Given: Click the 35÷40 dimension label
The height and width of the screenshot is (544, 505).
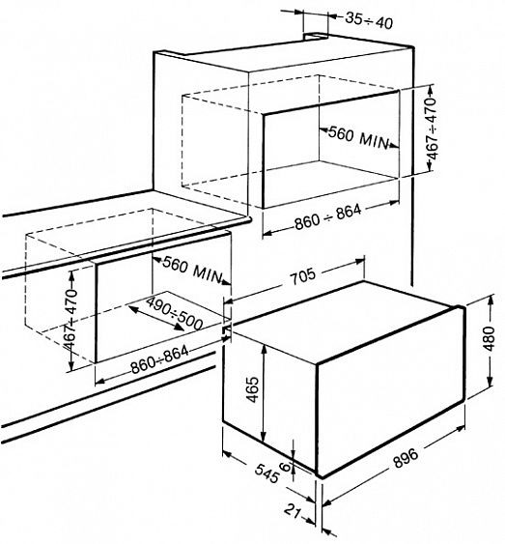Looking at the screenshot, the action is click(369, 21).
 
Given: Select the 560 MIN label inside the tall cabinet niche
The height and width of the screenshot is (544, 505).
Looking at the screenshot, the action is click(358, 137).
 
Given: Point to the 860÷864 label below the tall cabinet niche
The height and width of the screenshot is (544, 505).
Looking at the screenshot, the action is click(328, 217).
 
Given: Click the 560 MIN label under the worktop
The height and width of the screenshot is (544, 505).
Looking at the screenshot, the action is click(192, 269).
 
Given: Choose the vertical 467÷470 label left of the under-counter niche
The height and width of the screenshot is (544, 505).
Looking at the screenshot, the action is click(71, 319).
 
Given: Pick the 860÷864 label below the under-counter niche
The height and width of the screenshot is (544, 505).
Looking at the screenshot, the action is click(159, 359).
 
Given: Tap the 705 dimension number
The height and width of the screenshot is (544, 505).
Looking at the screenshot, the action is click(303, 275).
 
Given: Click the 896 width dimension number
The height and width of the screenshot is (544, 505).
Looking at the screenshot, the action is click(406, 458).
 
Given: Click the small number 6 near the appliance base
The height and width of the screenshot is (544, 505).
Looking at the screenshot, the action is click(285, 467).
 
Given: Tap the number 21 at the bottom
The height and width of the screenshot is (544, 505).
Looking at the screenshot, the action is click(293, 511).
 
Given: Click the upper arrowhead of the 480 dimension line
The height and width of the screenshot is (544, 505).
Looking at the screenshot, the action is click(491, 301).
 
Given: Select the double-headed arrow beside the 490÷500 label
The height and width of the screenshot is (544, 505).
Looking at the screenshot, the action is click(155, 318).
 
